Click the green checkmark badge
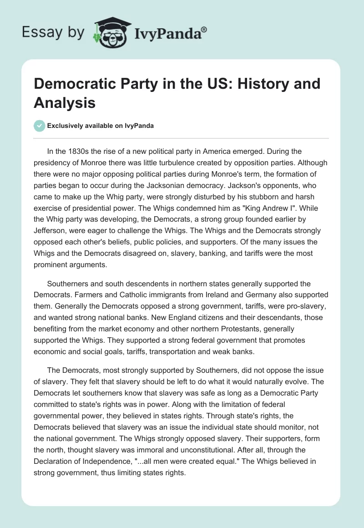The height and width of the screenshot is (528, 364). point(40,126)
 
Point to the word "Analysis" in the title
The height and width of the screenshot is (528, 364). point(65,102)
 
